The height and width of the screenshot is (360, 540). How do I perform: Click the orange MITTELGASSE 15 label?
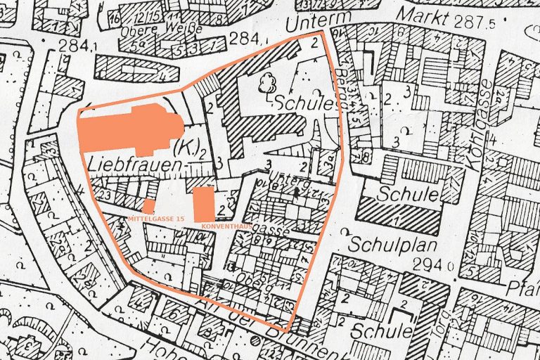155,220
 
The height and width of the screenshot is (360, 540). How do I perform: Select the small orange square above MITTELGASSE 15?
148,207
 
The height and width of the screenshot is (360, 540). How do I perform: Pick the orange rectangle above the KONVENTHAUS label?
203,203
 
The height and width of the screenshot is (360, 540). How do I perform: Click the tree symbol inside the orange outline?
267,84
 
